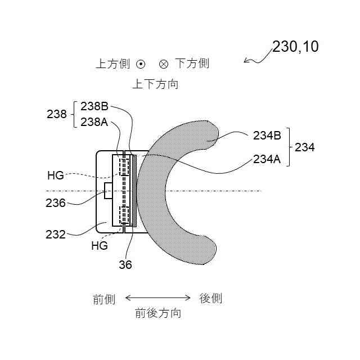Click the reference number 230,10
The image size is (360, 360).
click(295, 47)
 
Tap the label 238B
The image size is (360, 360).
click(94, 107)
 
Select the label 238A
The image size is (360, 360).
click(94, 121)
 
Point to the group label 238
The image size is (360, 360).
click(57, 114)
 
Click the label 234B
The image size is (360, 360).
click(267, 135)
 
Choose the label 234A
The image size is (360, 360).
click(267, 159)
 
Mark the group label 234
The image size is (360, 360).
click(304, 147)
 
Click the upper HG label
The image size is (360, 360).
click(55, 175)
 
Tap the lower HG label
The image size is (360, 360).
click(99, 246)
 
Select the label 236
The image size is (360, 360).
click(56, 203)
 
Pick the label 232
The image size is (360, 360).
click(56, 234)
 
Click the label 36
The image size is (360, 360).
click(125, 264)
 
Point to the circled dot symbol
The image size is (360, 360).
click(141, 64)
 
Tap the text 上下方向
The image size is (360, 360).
click(155, 84)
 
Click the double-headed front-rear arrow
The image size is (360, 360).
click(158, 298)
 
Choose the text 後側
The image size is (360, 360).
click(211, 298)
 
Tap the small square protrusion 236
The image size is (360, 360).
click(108, 191)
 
